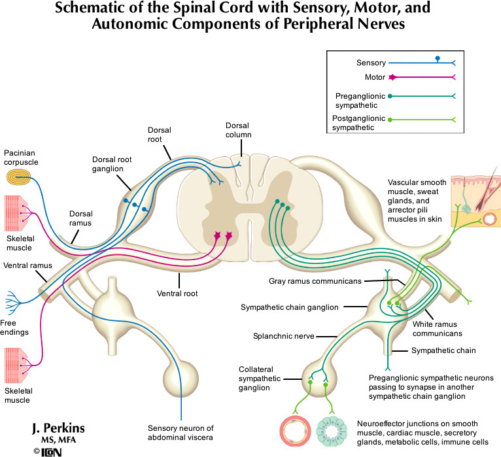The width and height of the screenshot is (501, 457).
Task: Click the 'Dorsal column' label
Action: pos(238,130)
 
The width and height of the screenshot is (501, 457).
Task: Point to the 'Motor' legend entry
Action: pos(366,77)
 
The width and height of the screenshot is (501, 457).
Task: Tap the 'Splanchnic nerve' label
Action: pos(281,336)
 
